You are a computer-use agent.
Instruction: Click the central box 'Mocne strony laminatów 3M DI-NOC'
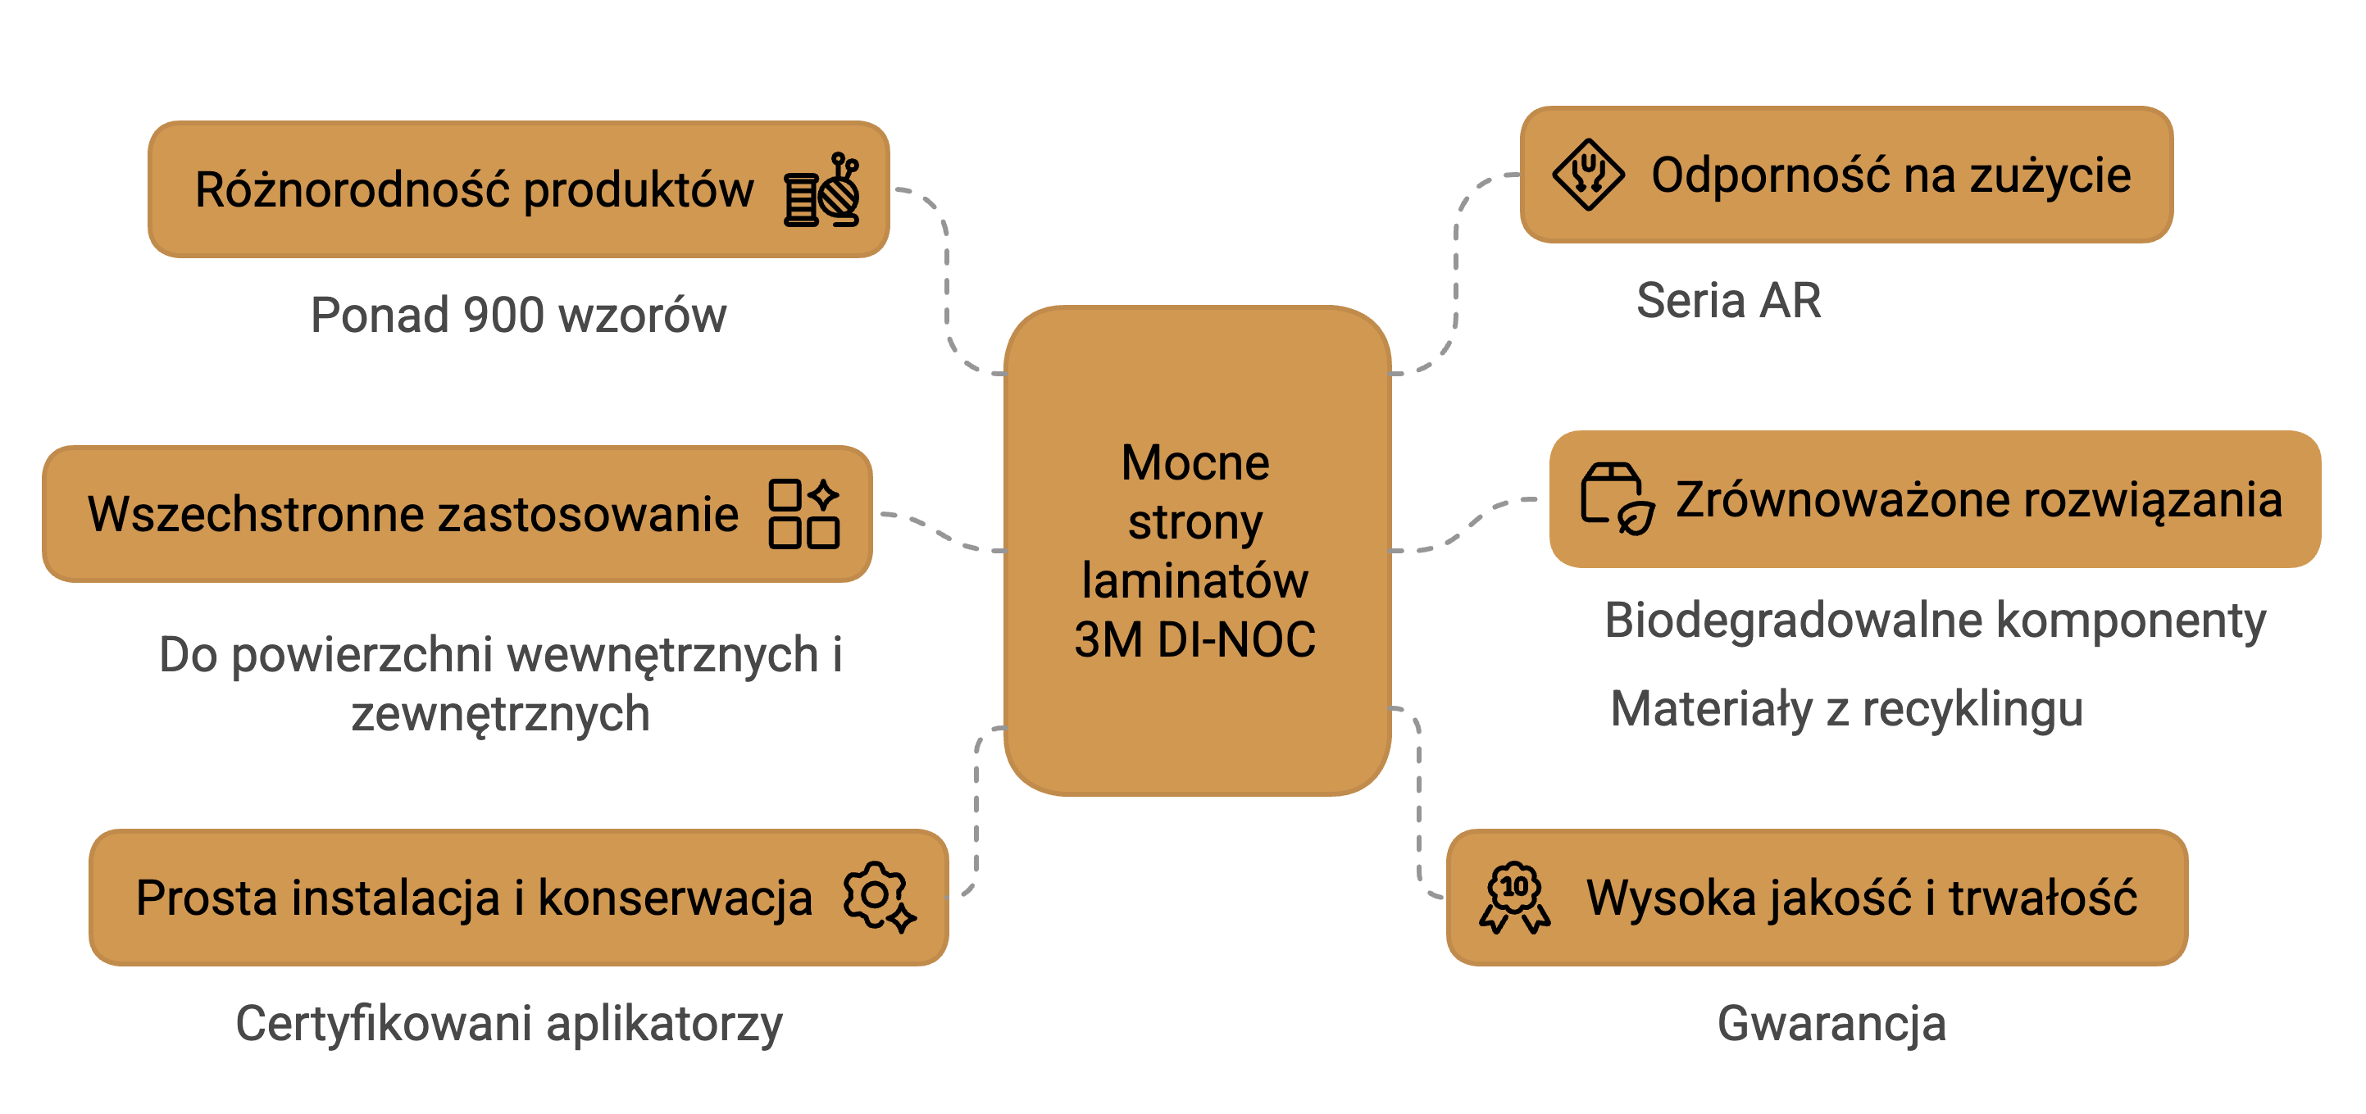click(1196, 550)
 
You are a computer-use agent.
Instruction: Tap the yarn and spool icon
click(822, 190)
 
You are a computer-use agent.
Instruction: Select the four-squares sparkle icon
click(803, 513)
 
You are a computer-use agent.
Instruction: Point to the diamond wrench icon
click(1587, 175)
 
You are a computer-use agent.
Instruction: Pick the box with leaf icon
click(1617, 498)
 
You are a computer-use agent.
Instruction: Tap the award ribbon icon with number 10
click(1514, 898)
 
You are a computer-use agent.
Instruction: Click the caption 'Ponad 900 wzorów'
click(518, 315)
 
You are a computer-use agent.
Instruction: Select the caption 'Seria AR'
click(1727, 300)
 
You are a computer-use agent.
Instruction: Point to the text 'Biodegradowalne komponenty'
click(1934, 620)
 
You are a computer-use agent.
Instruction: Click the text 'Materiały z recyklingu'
click(1846, 709)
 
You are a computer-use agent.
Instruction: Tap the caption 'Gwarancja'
click(1831, 1023)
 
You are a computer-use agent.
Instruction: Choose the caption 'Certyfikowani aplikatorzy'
click(509, 1023)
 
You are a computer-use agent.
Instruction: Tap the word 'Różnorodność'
click(352, 190)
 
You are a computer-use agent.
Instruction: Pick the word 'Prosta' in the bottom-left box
click(206, 898)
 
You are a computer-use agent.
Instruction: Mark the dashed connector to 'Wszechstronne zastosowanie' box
click(941, 532)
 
